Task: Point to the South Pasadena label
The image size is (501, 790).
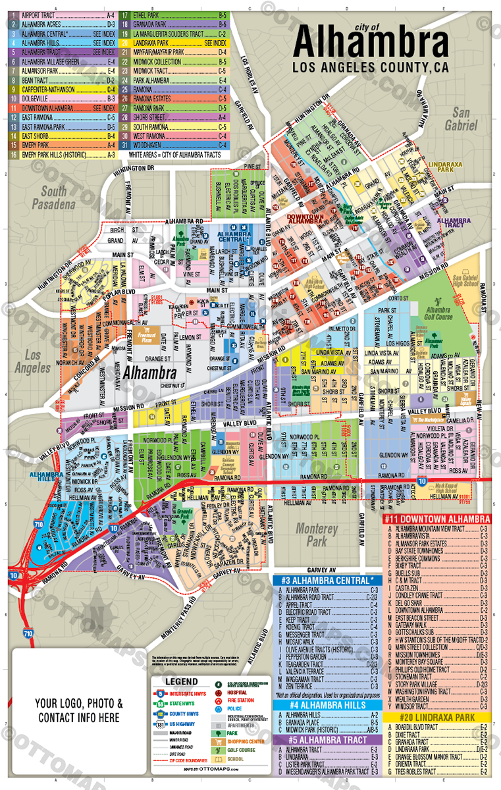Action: [53, 197]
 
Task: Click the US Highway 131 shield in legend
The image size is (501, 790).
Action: [161, 724]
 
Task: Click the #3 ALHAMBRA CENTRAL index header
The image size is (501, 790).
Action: [327, 580]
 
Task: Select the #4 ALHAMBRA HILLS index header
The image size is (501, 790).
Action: [327, 705]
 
